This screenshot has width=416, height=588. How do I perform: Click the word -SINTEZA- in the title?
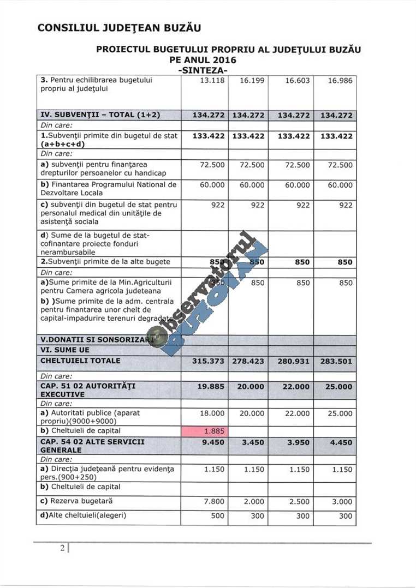203,70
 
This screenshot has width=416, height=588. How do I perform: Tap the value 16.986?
340,81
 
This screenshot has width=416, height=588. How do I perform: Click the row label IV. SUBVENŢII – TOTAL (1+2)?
100,115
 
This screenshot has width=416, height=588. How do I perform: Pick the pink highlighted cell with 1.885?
204,431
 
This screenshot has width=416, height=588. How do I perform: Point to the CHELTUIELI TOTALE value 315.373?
208,361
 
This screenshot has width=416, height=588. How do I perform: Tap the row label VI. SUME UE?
65,350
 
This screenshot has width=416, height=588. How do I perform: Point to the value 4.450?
341,442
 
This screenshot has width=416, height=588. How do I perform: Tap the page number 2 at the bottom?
63,548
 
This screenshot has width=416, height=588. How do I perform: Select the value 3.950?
298,442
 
